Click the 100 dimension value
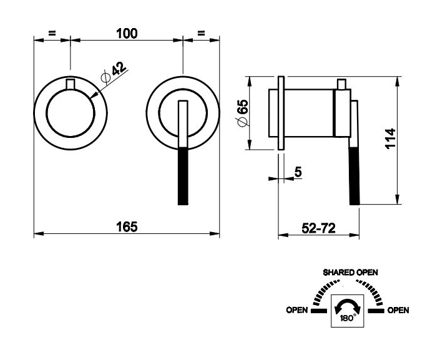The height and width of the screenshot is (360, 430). [127, 34]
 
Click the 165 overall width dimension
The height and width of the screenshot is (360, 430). [127, 226]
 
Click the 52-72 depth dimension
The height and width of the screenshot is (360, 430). [320, 228]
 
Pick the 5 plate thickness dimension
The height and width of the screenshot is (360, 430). [298, 172]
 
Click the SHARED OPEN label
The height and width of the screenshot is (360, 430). [350, 273]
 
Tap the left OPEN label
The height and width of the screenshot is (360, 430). [296, 310]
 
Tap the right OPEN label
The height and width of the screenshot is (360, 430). [398, 310]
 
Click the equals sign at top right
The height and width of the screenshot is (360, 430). [201, 33]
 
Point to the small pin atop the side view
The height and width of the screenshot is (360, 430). [341, 84]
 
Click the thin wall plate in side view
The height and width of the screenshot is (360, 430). [281, 113]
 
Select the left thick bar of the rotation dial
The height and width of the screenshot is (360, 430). [319, 310]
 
